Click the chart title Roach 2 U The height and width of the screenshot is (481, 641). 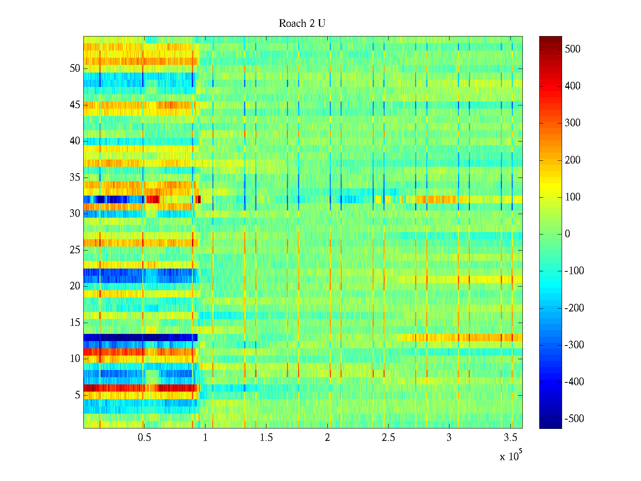coord(302,24)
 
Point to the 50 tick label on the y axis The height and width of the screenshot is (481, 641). coord(75,69)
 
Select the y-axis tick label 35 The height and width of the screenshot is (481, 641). coord(75,178)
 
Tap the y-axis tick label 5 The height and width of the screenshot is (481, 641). coord(77,395)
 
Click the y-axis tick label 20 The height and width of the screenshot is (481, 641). coord(75,286)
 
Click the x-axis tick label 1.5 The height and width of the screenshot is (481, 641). coord(266,438)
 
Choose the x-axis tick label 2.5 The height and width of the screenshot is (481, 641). coord(388,438)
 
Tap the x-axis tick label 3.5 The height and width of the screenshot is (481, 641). coord(510,438)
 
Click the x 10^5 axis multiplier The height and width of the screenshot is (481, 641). coord(511,456)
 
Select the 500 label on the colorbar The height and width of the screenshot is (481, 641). coord(572,49)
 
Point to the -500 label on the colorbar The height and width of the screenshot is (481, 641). coord(574,419)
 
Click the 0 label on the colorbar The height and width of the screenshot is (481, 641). coord(567,234)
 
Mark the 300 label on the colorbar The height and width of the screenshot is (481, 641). coord(572,123)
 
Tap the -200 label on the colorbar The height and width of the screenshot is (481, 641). coord(574,308)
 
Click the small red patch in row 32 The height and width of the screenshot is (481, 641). coord(153,199)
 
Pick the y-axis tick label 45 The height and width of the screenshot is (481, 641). coord(75,105)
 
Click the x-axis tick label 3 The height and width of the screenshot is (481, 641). coord(449,438)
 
